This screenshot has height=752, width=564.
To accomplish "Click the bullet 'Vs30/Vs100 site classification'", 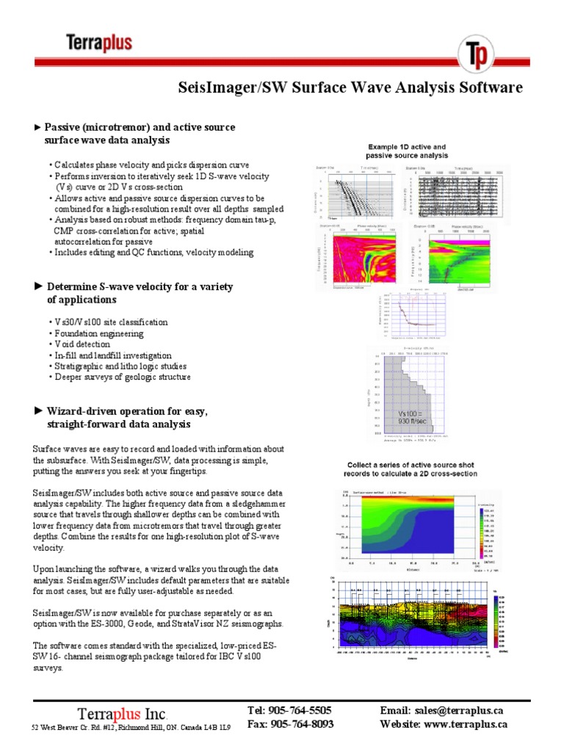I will pyautogui.click(x=111, y=322).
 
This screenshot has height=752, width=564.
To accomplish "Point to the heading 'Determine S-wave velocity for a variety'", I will pyautogui.click(x=140, y=286).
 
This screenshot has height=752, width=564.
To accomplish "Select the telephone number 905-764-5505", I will pyautogui.click(x=300, y=710).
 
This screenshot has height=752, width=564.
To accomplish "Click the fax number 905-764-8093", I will pyautogui.click(x=300, y=723).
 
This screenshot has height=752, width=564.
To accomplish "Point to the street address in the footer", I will pyautogui.click(x=131, y=727).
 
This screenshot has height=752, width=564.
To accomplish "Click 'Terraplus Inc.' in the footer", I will pyautogui.click(x=123, y=713).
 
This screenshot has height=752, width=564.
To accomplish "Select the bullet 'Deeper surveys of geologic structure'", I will pyautogui.click(x=122, y=377).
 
